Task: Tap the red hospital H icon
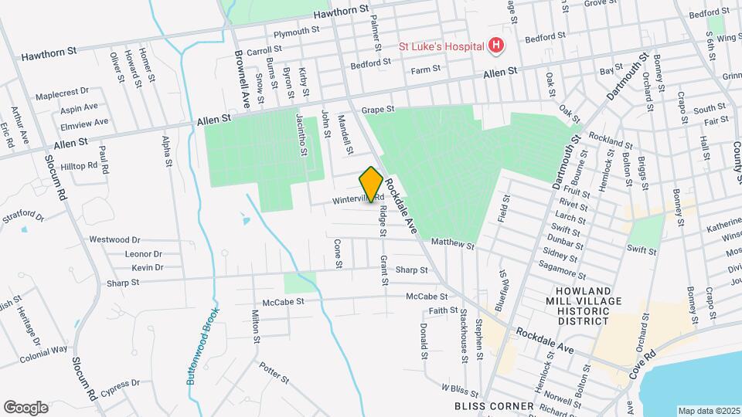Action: coord(495,46)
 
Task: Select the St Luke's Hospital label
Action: coord(439,46)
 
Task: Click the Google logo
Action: coord(26,407)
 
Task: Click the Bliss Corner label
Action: coord(494,406)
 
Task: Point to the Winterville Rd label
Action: coord(359,199)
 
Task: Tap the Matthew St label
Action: coord(452,243)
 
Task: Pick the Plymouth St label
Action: coord(296,32)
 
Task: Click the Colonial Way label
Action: coord(44,354)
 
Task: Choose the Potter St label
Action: coord(274,374)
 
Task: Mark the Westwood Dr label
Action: coord(114,240)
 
